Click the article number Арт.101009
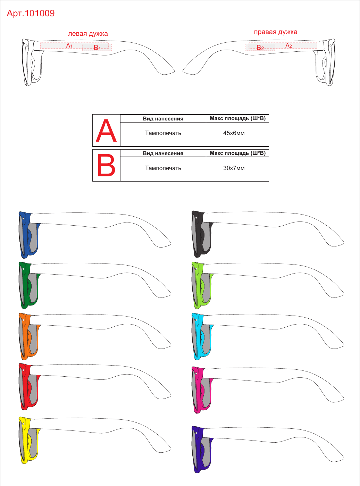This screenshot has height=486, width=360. [x=31, y=14]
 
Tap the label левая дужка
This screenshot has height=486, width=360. [x=88, y=34]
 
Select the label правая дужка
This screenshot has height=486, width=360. [x=275, y=32]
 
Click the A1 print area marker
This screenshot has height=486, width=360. [x=69, y=45]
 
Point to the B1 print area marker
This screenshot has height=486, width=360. [x=97, y=48]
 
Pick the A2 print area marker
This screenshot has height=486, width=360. [x=288, y=45]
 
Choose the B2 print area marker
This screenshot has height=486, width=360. [x=260, y=48]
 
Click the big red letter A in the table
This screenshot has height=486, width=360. [x=106, y=131]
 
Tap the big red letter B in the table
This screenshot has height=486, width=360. [x=106, y=165]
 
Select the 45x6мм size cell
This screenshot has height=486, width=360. [x=234, y=133]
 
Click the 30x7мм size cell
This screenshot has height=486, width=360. [x=234, y=168]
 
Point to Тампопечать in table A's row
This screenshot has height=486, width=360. [x=163, y=133]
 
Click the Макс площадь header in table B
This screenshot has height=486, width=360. [x=237, y=153]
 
